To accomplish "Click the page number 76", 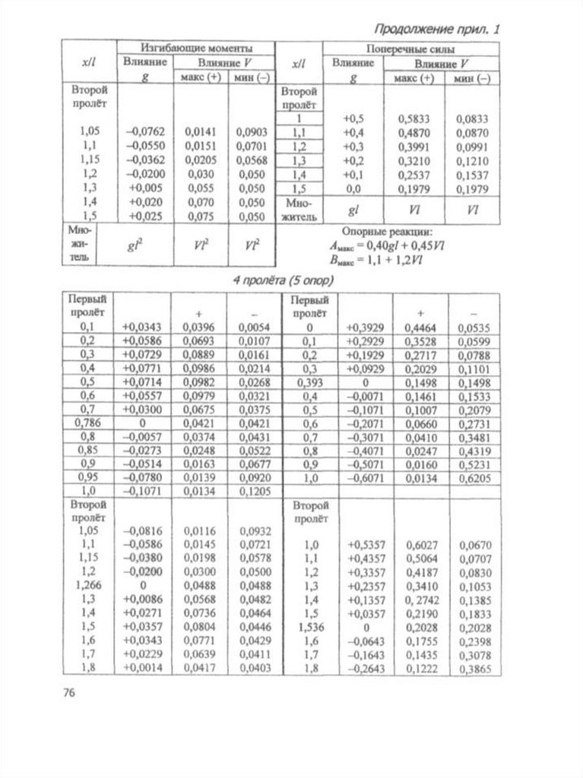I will (x=67, y=692).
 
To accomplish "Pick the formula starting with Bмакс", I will (x=376, y=259).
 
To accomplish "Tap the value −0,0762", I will (x=144, y=131).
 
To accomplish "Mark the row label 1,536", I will (x=309, y=627).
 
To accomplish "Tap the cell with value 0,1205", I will (x=254, y=491).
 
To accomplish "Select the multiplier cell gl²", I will (x=144, y=245).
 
